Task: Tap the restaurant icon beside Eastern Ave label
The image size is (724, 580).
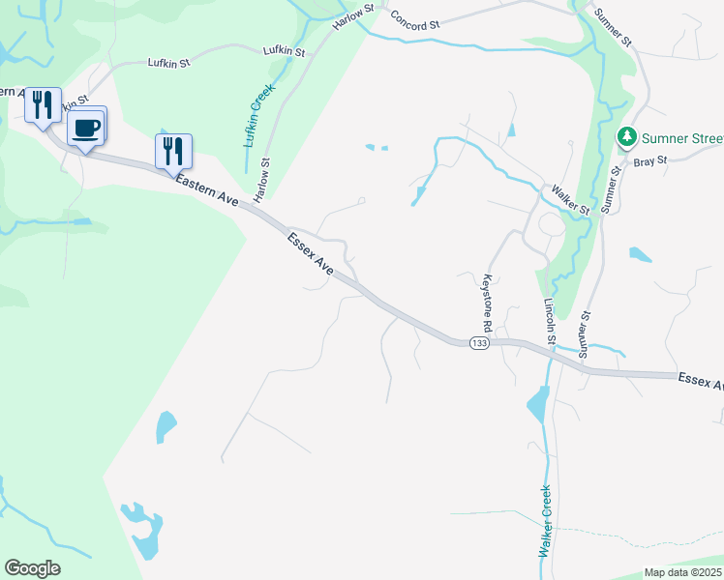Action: [x=173, y=151]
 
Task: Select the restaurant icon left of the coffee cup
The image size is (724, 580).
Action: [x=43, y=104]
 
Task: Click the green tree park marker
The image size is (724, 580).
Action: [x=627, y=138]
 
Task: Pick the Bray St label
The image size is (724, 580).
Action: [x=650, y=162]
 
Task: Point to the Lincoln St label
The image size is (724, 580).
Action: [x=550, y=321]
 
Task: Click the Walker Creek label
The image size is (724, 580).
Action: [x=545, y=520]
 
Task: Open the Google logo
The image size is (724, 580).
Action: [x=32, y=568]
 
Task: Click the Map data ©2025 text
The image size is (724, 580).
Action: [x=683, y=572]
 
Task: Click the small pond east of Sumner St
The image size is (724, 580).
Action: [x=640, y=255]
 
